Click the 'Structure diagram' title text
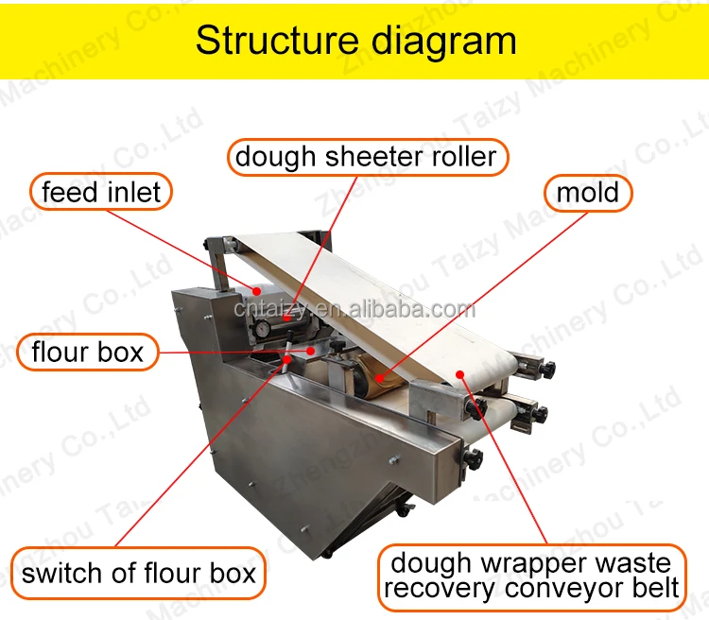tap(355, 41)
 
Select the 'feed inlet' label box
tap(101, 193)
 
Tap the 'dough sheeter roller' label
tap(366, 156)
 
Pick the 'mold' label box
tap(587, 193)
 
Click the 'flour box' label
tap(87, 353)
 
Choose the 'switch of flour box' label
tap(139, 573)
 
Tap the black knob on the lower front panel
tap(474, 459)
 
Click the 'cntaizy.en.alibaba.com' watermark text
tap(354, 309)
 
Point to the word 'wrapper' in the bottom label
tap(529, 563)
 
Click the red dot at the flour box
tap(312, 351)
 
